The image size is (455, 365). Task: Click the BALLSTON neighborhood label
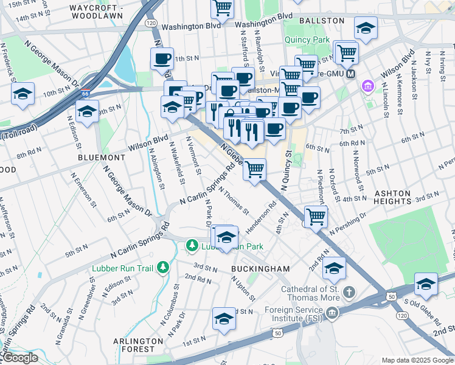click(322, 20)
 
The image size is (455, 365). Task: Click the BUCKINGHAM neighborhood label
click(260, 268)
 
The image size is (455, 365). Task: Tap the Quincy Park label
click(307, 41)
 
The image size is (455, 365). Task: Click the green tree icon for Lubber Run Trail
click(163, 267)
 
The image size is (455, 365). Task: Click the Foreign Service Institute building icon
click(332, 313)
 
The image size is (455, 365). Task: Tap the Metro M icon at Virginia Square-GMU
click(350, 74)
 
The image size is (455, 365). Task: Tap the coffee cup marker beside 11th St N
click(162, 59)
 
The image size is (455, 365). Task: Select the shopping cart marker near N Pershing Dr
click(316, 216)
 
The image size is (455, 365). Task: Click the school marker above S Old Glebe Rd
click(426, 284)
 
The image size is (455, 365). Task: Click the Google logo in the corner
click(20, 358)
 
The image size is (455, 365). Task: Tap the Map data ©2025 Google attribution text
click(417, 360)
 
